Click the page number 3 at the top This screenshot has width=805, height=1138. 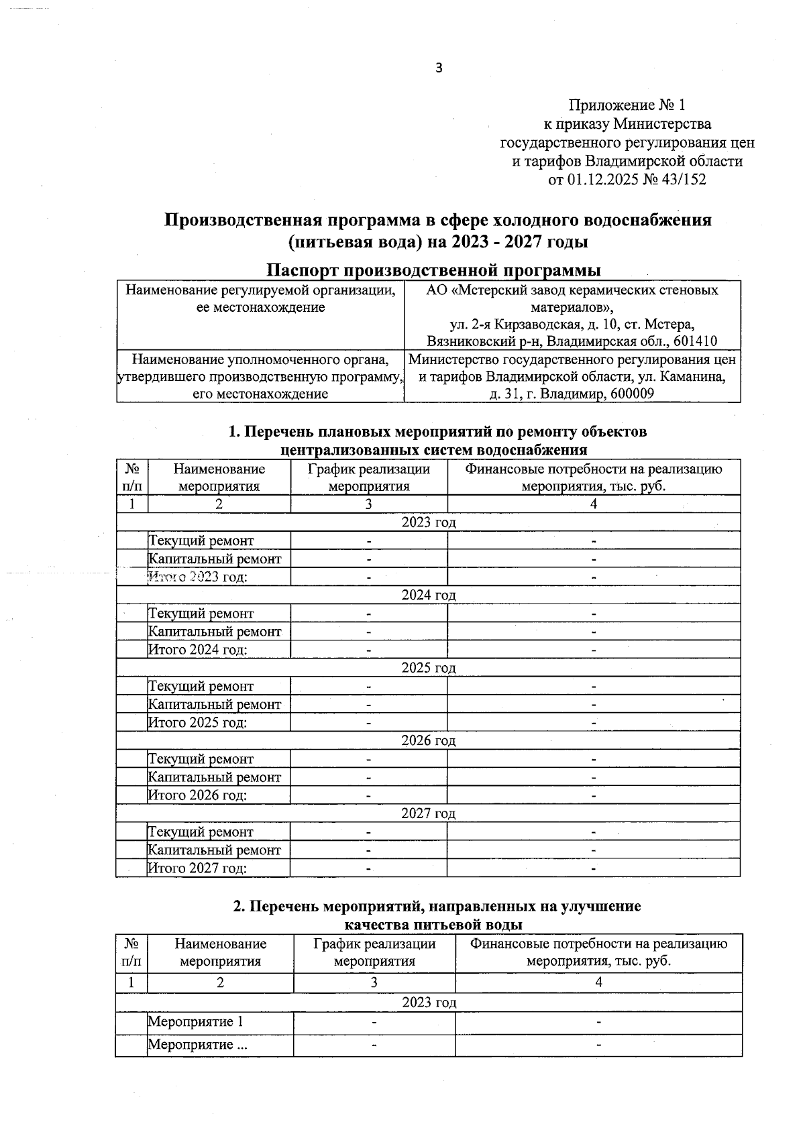click(x=439, y=68)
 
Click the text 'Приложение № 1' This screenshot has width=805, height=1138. click(x=627, y=105)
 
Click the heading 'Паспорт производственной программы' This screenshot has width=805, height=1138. click(x=433, y=270)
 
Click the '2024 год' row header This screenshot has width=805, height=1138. click(x=428, y=595)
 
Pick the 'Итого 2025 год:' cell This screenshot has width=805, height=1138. click(x=197, y=723)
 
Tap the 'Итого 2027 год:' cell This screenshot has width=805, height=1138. click(x=197, y=868)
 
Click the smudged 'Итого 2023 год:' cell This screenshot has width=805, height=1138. click(x=197, y=577)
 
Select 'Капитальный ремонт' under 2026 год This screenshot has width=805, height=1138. click(x=215, y=777)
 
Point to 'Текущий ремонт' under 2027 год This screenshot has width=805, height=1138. click(x=201, y=832)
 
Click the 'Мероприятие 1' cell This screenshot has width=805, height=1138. click(x=195, y=1022)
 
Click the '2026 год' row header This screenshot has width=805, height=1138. click(x=428, y=740)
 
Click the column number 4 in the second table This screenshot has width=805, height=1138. click(x=598, y=982)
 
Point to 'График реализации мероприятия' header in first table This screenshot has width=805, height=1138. click(x=368, y=477)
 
